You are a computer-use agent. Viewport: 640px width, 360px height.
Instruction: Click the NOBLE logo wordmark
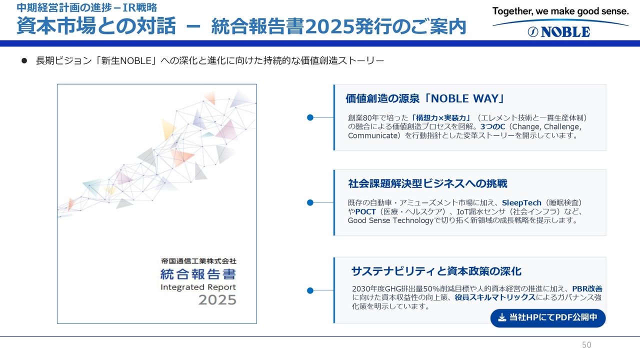pyautogui.click(x=559, y=31)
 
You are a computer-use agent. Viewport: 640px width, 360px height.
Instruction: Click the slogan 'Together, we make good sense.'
pyautogui.click(x=560, y=11)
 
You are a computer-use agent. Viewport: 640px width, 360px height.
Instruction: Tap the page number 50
pyautogui.click(x=586, y=345)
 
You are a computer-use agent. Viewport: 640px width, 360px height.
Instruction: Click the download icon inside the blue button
pyautogui.click(x=502, y=317)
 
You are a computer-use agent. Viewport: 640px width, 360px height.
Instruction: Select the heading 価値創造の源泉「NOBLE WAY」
pyautogui.click(x=425, y=98)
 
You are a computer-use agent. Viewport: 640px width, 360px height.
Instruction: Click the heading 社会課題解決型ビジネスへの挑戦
pyautogui.click(x=427, y=183)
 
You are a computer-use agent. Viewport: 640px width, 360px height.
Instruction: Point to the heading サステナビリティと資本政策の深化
pyautogui.click(x=436, y=271)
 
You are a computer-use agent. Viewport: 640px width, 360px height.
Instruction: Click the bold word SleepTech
pyautogui.click(x=521, y=203)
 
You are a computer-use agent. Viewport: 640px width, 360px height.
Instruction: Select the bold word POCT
pyautogui.click(x=365, y=211)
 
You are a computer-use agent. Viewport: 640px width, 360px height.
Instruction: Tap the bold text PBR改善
pyautogui.click(x=587, y=289)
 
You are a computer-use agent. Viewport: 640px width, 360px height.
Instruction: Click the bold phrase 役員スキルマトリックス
pyautogui.click(x=495, y=297)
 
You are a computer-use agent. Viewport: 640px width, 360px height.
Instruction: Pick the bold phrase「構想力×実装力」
pyautogui.click(x=440, y=117)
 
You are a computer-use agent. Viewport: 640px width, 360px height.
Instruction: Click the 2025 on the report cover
pyautogui.click(x=217, y=300)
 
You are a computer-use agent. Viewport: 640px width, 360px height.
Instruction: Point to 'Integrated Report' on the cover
pyautogui.click(x=198, y=287)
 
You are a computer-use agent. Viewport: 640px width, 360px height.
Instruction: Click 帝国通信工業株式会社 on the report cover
pyautogui.click(x=198, y=261)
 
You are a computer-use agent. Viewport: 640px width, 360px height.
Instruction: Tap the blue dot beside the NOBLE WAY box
pyautogui.click(x=310, y=117)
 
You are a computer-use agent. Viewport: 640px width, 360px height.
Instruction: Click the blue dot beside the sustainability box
pyautogui.click(x=310, y=290)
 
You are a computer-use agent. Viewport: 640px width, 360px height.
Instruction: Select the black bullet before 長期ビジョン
pyautogui.click(x=24, y=60)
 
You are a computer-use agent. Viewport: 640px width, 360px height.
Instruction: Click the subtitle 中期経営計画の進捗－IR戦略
pyautogui.click(x=86, y=7)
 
